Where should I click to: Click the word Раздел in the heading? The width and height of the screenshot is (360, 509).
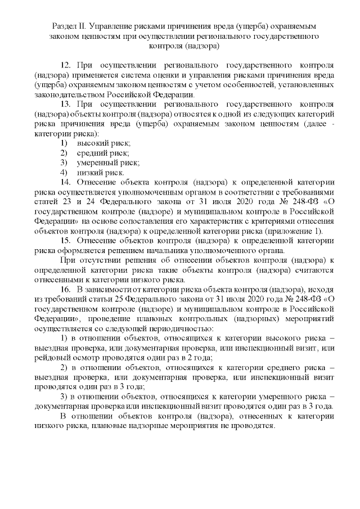tap(64, 26)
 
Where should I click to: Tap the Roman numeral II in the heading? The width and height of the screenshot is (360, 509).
tap(82, 26)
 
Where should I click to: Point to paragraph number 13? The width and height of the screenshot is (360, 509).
tap(65, 105)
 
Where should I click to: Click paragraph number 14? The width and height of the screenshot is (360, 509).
tap(65, 182)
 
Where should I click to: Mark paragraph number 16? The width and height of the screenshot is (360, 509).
tap(65, 289)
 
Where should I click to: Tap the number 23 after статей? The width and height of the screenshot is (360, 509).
tap(64, 202)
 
